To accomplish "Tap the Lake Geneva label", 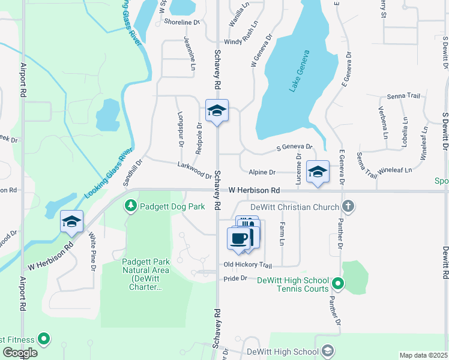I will pos(300,71).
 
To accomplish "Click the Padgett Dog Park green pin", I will pos(130,206).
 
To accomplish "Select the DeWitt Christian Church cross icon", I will pos(348,206).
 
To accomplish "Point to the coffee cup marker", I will pos(238,238).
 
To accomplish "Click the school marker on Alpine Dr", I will pos(317,172).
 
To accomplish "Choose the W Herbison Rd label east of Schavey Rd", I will pos(255,190).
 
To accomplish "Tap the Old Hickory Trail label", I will pos(248,265).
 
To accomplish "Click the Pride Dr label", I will pos(235,278).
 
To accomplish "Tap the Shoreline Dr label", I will pos(181,22).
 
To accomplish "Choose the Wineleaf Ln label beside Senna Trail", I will pos(408,170).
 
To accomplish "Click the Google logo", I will pos(20,353).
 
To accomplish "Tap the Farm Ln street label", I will pos(281,233).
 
